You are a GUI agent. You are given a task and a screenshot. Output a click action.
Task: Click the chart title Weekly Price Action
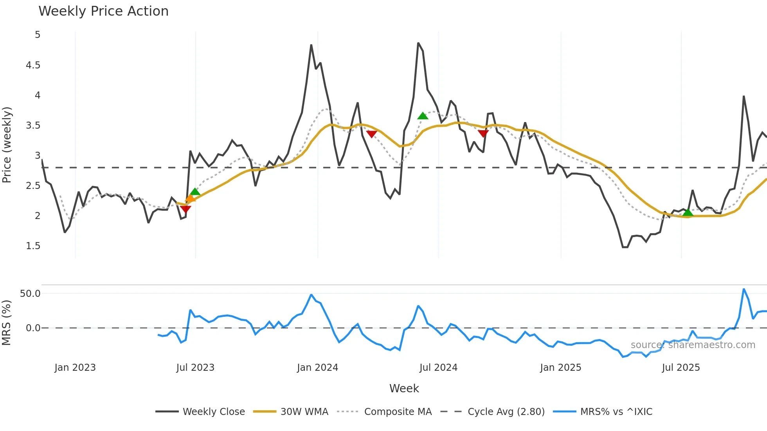(x=103, y=11)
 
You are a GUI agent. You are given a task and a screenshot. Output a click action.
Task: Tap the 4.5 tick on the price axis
(x=33, y=65)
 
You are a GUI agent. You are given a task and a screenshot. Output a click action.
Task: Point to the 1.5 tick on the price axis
(x=33, y=246)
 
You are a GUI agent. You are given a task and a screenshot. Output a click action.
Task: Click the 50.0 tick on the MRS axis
(x=30, y=294)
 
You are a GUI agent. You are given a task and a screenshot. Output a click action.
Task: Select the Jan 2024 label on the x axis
(x=317, y=368)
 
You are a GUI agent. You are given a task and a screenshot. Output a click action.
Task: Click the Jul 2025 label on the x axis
(x=681, y=368)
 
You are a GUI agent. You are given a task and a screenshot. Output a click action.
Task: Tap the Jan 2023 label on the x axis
(x=75, y=368)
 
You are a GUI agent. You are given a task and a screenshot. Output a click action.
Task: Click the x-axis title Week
(x=404, y=388)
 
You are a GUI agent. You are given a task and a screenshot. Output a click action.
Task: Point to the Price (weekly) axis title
(x=7, y=145)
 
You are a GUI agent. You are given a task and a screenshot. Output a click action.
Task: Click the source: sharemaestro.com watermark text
(x=693, y=345)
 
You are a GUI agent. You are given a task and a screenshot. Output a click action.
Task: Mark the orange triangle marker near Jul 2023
(x=190, y=199)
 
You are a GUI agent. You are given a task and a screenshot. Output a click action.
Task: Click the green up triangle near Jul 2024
(x=423, y=116)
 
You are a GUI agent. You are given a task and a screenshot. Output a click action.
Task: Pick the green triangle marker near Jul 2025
(x=688, y=213)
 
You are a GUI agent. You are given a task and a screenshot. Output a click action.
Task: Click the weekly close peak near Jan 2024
(x=311, y=45)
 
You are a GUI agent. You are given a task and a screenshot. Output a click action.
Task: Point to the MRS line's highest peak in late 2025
(x=744, y=289)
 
